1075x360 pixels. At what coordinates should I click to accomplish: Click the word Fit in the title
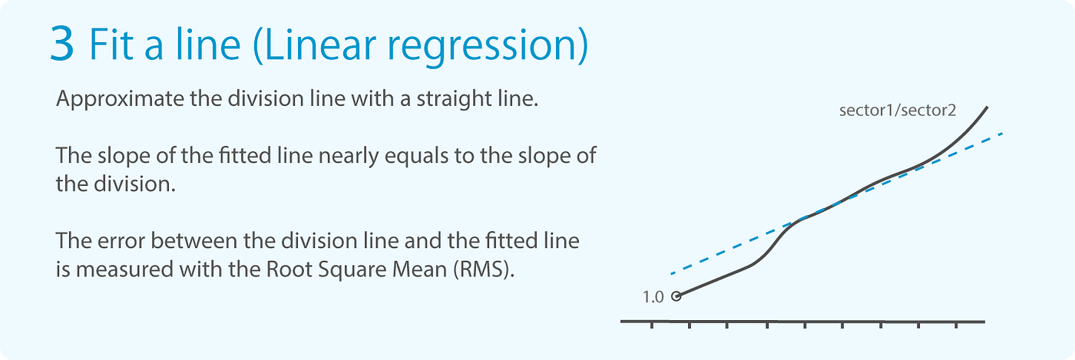111,45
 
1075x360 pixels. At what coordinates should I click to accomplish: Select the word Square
352,270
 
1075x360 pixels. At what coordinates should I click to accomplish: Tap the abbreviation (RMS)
483,269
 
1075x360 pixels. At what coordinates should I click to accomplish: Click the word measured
124,269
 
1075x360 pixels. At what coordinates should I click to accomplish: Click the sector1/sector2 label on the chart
898,111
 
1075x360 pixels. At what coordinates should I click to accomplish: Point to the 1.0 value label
653,297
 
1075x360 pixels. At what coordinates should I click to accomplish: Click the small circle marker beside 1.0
676,296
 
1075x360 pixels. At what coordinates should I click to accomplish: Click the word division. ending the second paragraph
135,184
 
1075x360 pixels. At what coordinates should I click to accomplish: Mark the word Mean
420,269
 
